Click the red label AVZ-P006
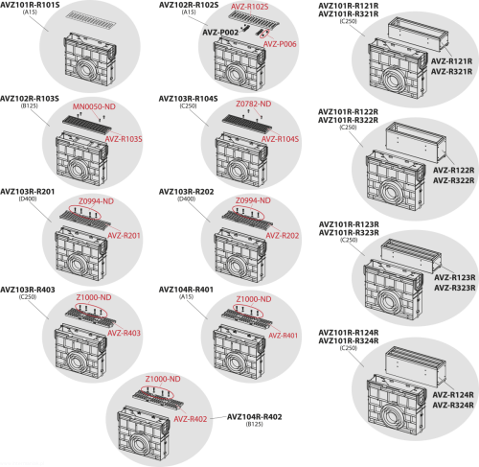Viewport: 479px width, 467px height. tap(280, 44)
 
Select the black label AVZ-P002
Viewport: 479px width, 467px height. tap(220, 33)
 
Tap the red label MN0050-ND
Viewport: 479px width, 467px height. tap(94, 106)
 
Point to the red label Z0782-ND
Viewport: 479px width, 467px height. tap(254, 104)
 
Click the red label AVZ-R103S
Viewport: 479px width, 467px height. tap(124, 139)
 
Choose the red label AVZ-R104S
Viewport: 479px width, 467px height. tap(280, 139)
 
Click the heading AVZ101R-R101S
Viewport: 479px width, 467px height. tap(30, 5)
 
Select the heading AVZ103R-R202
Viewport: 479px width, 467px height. tap(187, 192)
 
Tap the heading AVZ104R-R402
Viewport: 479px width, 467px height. tap(255, 417)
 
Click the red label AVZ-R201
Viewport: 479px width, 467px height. tap(124, 236)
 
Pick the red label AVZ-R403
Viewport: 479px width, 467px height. tap(124, 333)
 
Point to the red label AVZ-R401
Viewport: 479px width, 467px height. tap(283, 336)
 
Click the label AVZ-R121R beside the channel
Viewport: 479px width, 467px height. tap(451, 61)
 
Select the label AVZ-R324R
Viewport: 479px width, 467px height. tap(453, 405)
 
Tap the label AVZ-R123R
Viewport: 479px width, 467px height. tap(455, 277)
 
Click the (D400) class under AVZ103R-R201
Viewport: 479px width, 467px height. tap(28, 198)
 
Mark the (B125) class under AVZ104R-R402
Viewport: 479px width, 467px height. tap(255, 424)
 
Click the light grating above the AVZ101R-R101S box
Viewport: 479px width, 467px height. tap(91, 20)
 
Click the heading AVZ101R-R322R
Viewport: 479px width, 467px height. tap(348, 120)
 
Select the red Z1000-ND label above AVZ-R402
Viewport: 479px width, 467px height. tap(163, 379)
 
